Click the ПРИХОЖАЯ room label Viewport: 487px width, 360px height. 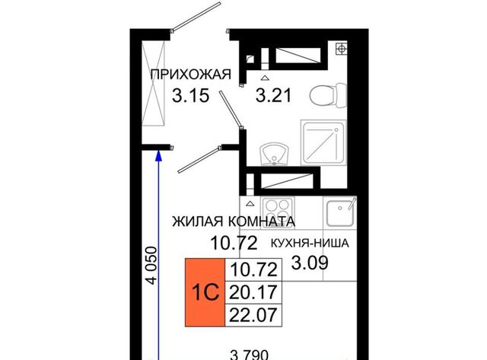(x=191, y=75)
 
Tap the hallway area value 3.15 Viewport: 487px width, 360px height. (x=191, y=95)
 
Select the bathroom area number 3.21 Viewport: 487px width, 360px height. (x=274, y=95)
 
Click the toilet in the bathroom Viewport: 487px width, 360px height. (x=328, y=95)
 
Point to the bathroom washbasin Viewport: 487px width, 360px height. (x=274, y=154)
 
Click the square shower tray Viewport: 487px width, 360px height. (x=323, y=142)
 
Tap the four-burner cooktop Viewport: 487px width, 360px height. (x=278, y=212)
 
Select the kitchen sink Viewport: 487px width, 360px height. (x=340, y=212)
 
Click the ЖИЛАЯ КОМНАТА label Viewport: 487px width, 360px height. (x=234, y=221)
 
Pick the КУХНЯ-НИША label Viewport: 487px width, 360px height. (x=310, y=244)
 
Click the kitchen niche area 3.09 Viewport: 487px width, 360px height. (x=310, y=263)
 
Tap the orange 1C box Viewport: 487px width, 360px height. (x=205, y=292)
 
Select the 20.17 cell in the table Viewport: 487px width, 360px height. (x=253, y=292)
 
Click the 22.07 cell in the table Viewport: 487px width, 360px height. (x=253, y=315)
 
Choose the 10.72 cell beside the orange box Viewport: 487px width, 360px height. (x=253, y=270)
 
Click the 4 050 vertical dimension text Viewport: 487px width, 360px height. (x=152, y=266)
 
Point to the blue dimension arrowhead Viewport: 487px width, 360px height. (x=159, y=155)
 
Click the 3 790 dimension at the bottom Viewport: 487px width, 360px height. (x=250, y=355)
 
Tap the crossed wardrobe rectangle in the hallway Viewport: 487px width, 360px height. (x=153, y=84)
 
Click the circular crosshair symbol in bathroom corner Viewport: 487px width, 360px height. (x=342, y=49)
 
